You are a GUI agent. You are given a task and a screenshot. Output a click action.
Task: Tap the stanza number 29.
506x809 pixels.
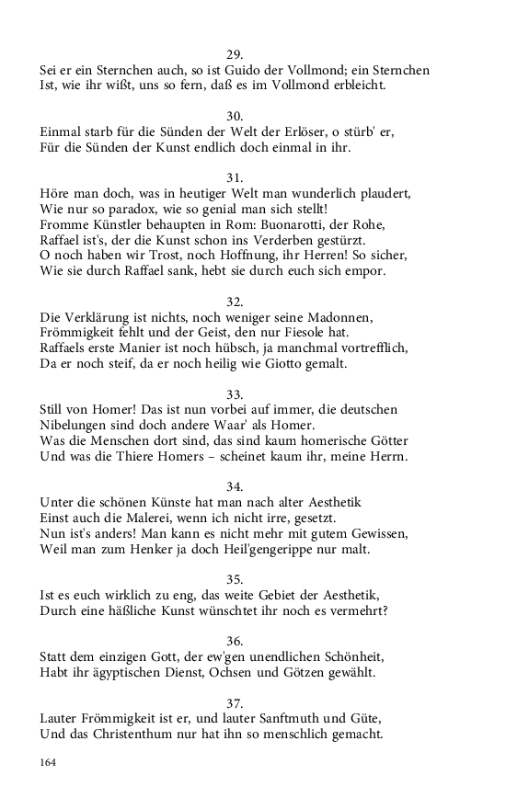point(235,53)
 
